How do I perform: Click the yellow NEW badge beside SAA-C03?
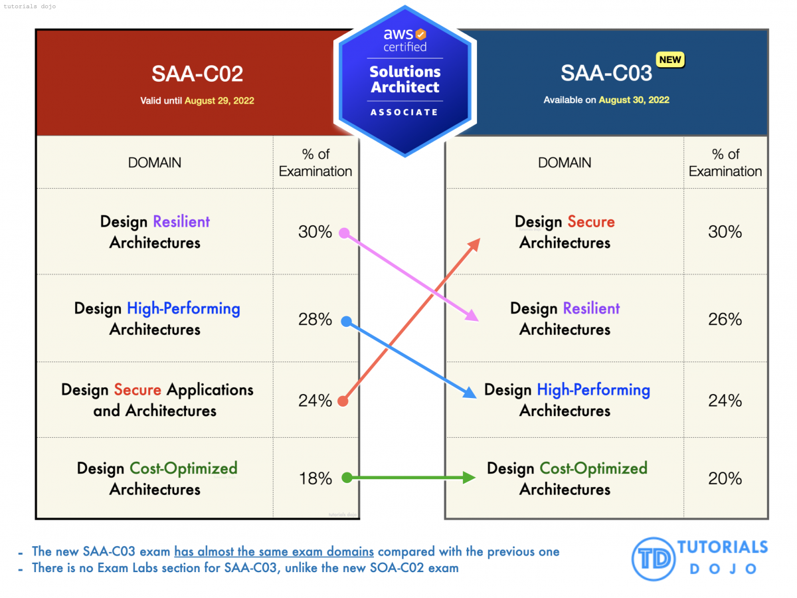pos(670,60)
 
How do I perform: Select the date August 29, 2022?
pos(219,101)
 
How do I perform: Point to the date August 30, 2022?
pos(634,100)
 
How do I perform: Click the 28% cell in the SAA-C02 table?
pos(315,320)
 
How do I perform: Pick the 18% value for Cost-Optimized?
pos(315,478)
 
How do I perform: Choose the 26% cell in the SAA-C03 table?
pos(725,320)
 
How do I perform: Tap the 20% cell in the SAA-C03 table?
pos(725,478)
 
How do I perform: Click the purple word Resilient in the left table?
pos(181,222)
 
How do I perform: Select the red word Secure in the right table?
pos(590,222)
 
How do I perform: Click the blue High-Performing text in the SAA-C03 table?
pos(593,390)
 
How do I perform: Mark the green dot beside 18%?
pos(346,477)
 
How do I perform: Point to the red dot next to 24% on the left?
pos(343,401)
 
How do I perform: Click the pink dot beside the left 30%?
pos(344,233)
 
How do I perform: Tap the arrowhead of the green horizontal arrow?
pos(470,477)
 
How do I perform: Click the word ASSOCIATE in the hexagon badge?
pos(404,112)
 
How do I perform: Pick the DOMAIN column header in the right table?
pos(565,163)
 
